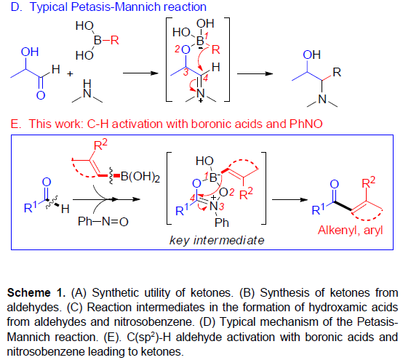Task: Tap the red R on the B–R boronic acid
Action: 115,40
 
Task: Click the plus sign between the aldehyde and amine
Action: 70,74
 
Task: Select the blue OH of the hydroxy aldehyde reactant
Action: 30,52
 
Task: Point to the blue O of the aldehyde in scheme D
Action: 41,95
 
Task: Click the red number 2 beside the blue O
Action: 177,49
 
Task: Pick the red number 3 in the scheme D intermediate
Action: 185,72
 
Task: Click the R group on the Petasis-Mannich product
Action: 337,73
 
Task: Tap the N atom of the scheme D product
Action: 322,99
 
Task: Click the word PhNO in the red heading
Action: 306,124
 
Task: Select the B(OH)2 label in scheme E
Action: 140,177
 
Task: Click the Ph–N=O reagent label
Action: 103,221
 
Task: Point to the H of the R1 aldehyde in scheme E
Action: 65,209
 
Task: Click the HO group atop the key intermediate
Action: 204,161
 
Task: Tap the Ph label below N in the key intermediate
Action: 222,223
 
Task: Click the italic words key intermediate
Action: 217,240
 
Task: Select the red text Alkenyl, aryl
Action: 351,231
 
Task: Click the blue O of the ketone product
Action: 334,184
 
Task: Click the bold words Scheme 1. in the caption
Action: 36,292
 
